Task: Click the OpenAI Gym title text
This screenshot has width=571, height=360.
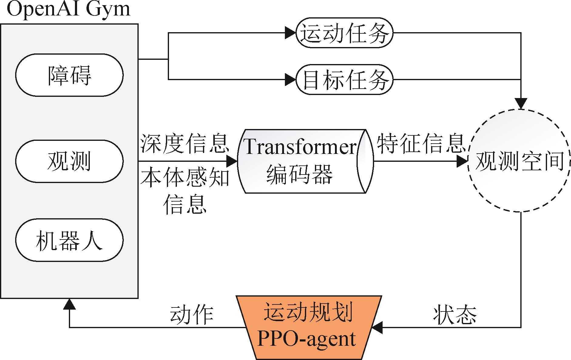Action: (68, 10)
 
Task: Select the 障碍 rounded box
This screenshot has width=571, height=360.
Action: (69, 75)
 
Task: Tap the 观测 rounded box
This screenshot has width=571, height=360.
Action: (69, 161)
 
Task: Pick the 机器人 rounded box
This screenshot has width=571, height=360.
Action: (69, 240)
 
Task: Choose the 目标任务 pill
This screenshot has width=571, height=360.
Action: (344, 80)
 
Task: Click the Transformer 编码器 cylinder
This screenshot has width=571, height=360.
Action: (305, 161)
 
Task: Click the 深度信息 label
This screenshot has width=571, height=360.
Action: (184, 143)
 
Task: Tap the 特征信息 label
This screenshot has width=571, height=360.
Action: (421, 143)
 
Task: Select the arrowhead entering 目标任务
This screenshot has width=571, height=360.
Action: (290, 80)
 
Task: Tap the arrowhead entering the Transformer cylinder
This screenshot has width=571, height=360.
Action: (231, 161)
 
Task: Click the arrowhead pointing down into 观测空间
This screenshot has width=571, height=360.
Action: (521, 104)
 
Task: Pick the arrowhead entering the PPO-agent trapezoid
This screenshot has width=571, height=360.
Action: (377, 328)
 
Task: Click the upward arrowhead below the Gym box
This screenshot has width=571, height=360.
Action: (69, 304)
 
